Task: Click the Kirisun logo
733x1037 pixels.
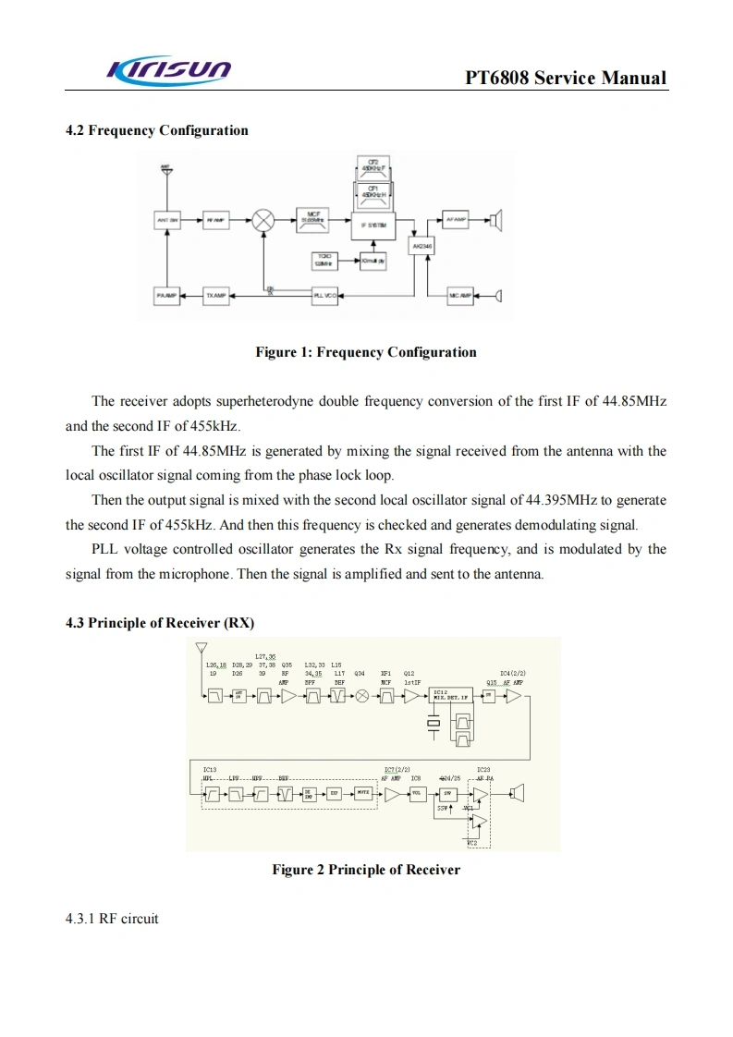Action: click(x=170, y=68)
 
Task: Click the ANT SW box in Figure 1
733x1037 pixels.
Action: click(x=167, y=220)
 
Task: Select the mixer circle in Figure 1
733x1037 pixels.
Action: click(x=264, y=220)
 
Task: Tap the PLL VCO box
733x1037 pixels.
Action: click(x=324, y=295)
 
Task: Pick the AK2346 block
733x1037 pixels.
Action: click(x=421, y=247)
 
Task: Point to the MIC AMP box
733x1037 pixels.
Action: click(x=459, y=295)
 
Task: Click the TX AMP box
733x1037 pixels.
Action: click(x=215, y=295)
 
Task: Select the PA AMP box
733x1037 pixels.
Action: click(x=167, y=295)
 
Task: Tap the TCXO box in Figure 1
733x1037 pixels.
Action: click(x=324, y=261)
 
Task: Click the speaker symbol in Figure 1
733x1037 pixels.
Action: click(x=497, y=220)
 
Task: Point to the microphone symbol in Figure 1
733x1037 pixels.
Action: click(x=497, y=295)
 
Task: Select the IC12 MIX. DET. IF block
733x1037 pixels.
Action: click(x=451, y=695)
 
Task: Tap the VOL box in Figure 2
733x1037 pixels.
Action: click(x=417, y=793)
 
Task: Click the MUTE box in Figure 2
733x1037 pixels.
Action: click(x=363, y=793)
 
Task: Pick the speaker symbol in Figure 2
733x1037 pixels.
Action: click(x=518, y=793)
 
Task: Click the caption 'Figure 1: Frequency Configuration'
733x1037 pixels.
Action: click(x=366, y=352)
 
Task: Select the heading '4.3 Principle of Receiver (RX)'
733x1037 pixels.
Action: click(x=160, y=622)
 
